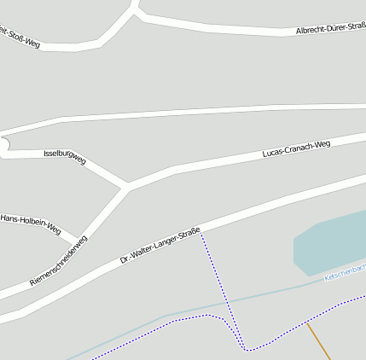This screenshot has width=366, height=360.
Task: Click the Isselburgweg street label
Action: [65, 156]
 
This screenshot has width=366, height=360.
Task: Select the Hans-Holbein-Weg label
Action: [31, 224]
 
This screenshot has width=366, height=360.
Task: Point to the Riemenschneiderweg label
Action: [59, 262]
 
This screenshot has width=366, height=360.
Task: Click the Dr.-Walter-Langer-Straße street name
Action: [160, 244]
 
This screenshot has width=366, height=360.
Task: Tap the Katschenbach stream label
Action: [345, 273]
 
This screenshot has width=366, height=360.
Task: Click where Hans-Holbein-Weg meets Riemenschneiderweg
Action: [81, 241]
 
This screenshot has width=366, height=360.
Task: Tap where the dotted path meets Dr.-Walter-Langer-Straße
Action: [200, 232]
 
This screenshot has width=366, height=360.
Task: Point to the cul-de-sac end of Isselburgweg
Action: [3, 148]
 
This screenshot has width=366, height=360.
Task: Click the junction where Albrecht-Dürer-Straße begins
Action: [137, 13]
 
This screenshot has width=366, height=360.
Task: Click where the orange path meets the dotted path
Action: [306, 322]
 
